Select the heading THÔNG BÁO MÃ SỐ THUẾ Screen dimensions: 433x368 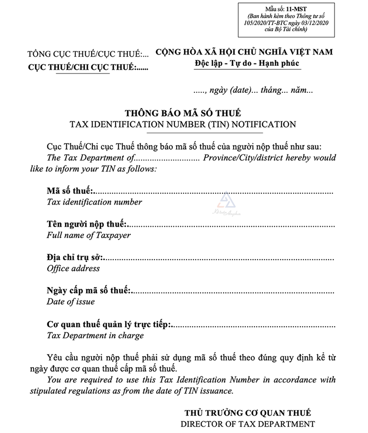tap(183, 113)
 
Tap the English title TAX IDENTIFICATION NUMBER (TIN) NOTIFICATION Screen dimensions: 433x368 tap(183, 124)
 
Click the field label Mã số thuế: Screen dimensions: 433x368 tap(69, 191)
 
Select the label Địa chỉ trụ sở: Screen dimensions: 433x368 tap(76, 257)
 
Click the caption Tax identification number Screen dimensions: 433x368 tap(94, 202)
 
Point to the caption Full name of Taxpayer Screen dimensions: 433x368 tap(89, 235)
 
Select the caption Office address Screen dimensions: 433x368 tap(73, 268)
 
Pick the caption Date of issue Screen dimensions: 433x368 tap(71, 302)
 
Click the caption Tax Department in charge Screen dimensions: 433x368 tap(95, 335)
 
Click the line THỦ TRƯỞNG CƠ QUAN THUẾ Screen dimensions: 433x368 tap(247, 412)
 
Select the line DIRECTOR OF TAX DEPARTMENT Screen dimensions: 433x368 tap(247, 423)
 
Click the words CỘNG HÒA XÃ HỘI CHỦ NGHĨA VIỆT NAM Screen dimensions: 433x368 tap(244, 52)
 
